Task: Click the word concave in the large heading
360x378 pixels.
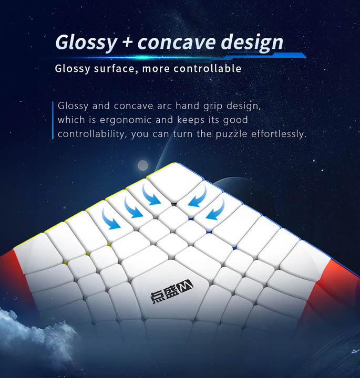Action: [x=177, y=43]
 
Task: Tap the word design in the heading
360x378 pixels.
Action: [x=252, y=43]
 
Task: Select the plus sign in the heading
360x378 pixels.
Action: [x=127, y=41]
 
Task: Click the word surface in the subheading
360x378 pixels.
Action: [x=114, y=68]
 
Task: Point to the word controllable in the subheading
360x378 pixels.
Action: [x=208, y=68]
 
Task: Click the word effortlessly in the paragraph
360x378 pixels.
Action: [x=279, y=134]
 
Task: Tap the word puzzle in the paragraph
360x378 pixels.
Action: [x=231, y=134]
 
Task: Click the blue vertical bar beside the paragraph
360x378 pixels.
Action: [x=53, y=120]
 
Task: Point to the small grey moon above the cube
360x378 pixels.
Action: [x=142, y=165]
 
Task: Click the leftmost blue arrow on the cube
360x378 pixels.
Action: [x=110, y=220]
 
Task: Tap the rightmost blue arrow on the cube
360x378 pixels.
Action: [x=216, y=210]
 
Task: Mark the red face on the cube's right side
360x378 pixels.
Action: [x=338, y=289]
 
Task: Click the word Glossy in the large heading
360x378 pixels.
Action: [x=86, y=43]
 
